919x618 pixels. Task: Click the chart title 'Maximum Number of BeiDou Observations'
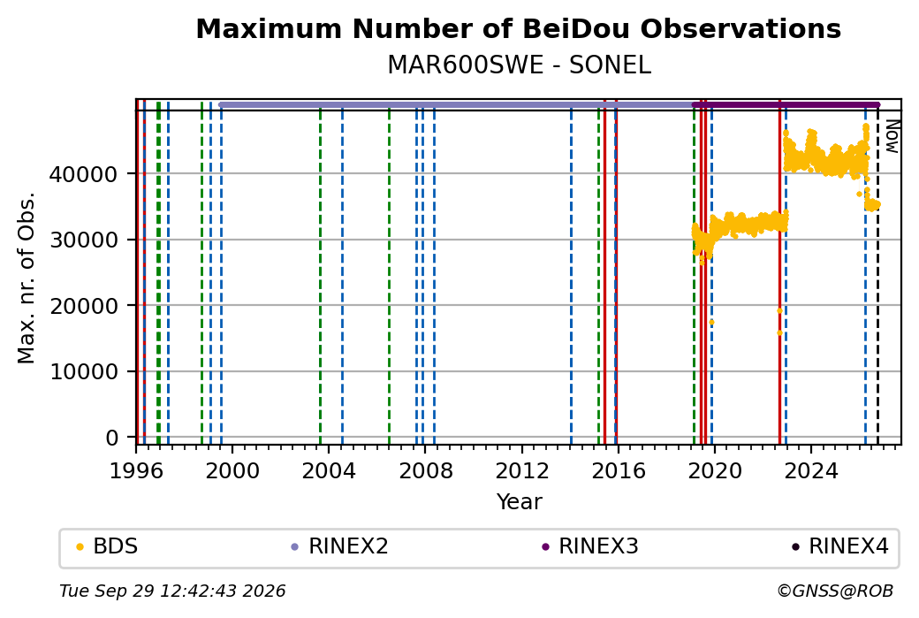518,28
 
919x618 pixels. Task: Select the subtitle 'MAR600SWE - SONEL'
520,65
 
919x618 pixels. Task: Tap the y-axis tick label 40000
84,174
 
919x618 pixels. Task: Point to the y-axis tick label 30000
84,240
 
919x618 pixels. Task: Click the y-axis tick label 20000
84,306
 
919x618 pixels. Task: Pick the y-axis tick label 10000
84,371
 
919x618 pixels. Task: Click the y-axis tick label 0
112,438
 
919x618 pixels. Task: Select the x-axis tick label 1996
136,471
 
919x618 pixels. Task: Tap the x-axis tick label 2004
328,471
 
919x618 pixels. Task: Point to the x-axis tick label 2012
521,471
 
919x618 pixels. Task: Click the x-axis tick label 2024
810,471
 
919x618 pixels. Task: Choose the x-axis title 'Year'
520,502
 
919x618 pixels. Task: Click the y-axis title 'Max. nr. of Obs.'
27,278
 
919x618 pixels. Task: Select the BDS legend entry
108,546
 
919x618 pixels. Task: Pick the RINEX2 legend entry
340,546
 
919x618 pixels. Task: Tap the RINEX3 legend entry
590,546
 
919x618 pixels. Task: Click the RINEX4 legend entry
840,546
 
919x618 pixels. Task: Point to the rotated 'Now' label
892,136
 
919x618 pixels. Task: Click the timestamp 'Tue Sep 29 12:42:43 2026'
172,591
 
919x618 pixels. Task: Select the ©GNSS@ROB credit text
835,591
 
